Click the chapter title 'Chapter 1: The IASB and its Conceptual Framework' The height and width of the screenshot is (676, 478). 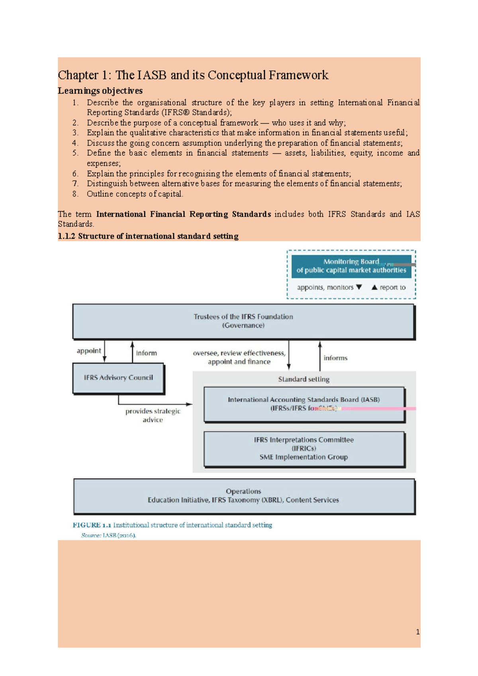click(193, 75)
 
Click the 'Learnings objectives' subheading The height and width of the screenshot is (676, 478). click(100, 91)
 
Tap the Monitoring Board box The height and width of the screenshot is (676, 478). click(351, 266)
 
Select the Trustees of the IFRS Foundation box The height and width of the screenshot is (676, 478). click(243, 321)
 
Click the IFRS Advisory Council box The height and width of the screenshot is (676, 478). click(118, 378)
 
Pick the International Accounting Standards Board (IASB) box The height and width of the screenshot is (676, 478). click(304, 404)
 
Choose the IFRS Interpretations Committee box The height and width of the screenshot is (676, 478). click(304, 449)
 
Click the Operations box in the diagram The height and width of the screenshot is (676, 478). click(243, 496)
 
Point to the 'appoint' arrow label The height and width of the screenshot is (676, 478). click(89, 351)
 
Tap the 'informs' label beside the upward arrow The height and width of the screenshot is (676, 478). click(335, 358)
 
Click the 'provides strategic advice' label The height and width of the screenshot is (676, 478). click(153, 415)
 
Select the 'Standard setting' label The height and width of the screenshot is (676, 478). click(304, 379)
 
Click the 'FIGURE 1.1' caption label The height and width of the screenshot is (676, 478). click(92, 525)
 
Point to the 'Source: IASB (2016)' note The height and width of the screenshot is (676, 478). click(109, 535)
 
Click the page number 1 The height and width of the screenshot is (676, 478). click(417, 632)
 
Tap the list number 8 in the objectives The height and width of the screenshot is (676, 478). click(75, 194)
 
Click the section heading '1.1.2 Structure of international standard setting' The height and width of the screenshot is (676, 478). click(148, 236)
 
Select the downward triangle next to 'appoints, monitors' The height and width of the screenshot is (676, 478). click(359, 287)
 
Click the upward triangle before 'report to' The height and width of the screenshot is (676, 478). click(374, 287)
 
